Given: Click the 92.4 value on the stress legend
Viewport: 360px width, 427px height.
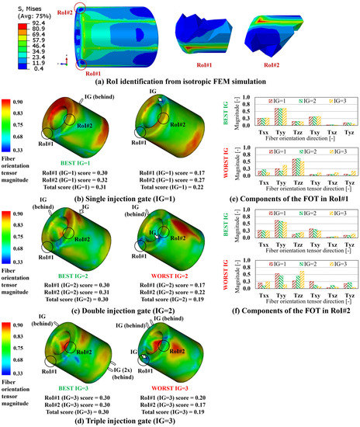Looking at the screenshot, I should point(18,25).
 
